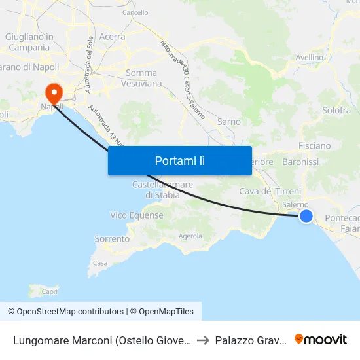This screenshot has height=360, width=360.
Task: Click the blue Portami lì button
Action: point(179,160)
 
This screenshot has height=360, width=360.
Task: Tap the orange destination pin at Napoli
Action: point(51,93)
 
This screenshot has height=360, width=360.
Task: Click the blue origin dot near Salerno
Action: point(306,215)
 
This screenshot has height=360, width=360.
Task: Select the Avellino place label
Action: point(310,58)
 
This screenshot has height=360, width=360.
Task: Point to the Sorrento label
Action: point(112,239)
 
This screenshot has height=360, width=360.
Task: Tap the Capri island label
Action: point(50,291)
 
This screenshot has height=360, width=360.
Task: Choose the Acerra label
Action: point(112,37)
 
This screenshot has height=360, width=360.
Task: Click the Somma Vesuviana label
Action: point(141,78)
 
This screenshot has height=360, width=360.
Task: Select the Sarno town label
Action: point(228,122)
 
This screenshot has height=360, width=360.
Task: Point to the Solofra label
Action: point(336,111)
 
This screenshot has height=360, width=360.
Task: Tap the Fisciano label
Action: point(314,145)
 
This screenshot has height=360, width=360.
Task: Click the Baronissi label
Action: point(300,161)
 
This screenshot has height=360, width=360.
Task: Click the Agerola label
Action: point(190,236)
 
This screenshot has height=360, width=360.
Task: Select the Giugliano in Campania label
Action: point(29,42)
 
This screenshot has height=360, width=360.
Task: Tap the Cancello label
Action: point(135,12)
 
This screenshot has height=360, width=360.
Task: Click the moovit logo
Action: point(320,339)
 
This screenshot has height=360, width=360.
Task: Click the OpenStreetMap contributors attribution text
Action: point(65,312)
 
